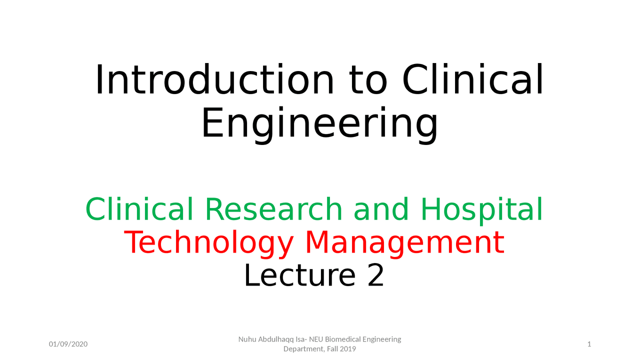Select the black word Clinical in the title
point(472,80)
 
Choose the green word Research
point(272,209)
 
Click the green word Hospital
point(481,209)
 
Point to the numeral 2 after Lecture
point(375,275)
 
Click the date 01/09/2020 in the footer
point(68,344)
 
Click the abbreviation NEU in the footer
point(316,339)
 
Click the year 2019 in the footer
point(347,349)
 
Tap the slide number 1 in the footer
point(589,344)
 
